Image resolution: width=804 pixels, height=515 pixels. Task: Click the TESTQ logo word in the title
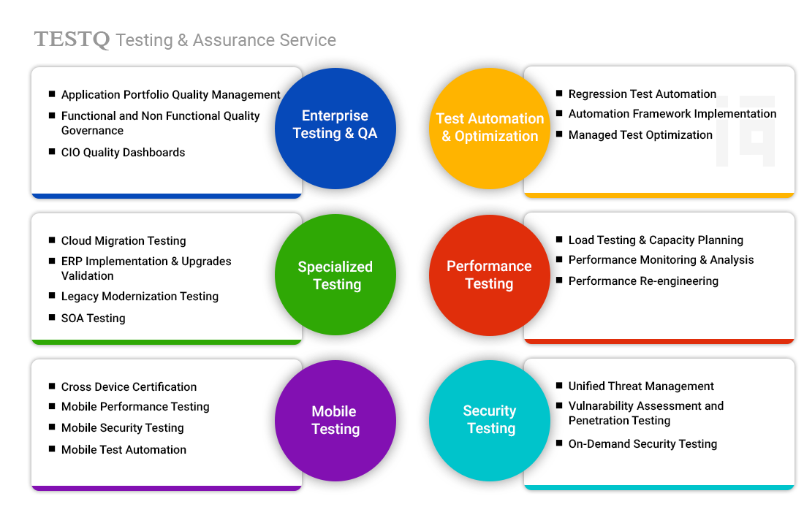coord(72,39)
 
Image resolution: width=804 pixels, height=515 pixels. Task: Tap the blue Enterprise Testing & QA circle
coord(335,125)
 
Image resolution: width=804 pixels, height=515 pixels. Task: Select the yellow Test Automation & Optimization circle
coord(490,127)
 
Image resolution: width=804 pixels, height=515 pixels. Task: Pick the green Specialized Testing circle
coord(335,275)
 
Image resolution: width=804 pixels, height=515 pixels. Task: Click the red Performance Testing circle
coord(490,275)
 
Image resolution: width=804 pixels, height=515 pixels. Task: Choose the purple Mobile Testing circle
coord(335,420)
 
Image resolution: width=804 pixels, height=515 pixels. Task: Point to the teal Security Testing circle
coord(490,419)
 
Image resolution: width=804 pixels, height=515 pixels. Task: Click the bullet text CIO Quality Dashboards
coord(123,152)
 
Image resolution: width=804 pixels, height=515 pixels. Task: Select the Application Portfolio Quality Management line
coord(170,95)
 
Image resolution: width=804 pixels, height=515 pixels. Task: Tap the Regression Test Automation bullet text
coord(642,94)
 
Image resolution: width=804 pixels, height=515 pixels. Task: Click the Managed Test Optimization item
coord(640,134)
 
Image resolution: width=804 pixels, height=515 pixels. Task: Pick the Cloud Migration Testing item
coord(124,240)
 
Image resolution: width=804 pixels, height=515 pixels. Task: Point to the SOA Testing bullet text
coord(93,318)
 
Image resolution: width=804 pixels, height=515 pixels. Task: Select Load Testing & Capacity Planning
coord(656,240)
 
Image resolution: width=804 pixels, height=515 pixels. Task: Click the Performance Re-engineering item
coord(643,281)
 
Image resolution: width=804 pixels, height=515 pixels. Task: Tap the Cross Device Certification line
coord(129,386)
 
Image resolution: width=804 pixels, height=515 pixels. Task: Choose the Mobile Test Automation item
coord(124,449)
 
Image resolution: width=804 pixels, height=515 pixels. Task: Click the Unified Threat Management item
coord(641,386)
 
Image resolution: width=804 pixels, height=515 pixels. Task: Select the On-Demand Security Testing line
coord(642,443)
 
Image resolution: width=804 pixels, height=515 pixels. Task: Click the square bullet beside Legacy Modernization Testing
coord(52,296)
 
